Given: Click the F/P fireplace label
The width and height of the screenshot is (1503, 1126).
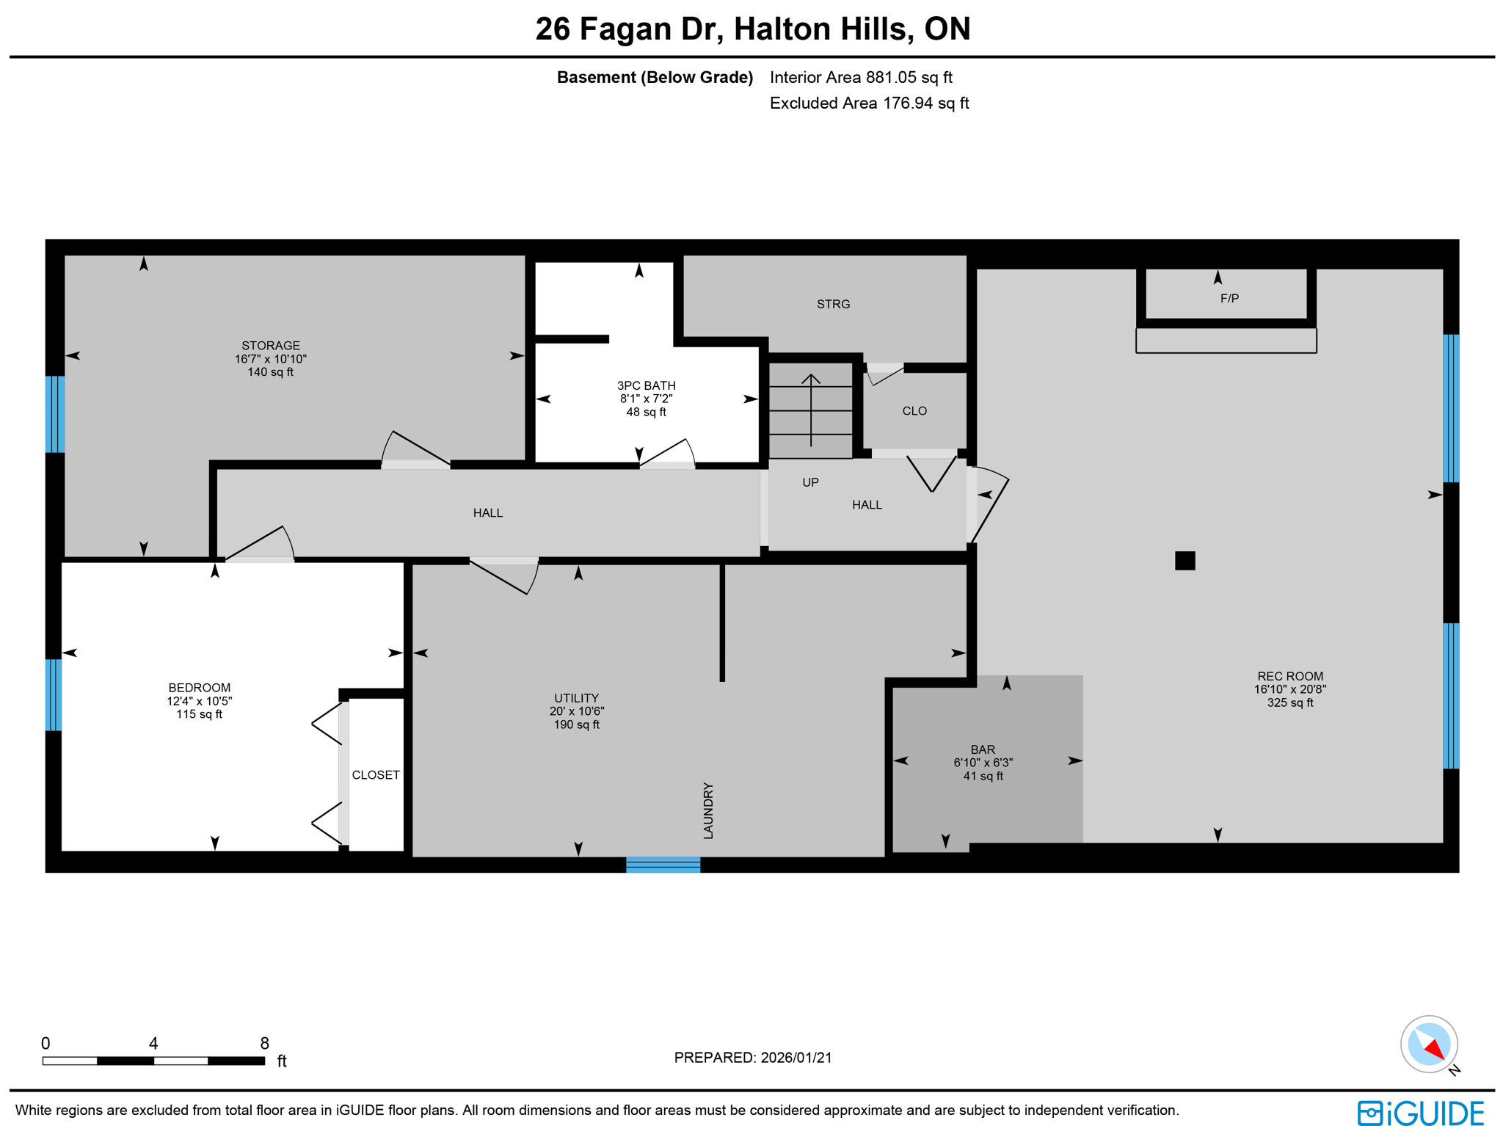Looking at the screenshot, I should tap(1229, 299).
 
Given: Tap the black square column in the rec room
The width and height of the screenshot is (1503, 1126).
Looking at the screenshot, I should tap(1184, 561).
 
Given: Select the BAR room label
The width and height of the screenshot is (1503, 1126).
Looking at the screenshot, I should tap(983, 749).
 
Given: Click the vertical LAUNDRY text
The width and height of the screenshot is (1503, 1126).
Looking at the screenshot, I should tap(708, 810).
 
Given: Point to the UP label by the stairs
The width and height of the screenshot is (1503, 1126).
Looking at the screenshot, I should tap(810, 482).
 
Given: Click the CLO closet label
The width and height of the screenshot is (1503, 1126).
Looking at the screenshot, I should tap(914, 411).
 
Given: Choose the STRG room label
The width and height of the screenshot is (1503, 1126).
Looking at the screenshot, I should tap(833, 304).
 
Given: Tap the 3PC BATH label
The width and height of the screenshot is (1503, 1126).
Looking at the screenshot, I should tap(646, 385).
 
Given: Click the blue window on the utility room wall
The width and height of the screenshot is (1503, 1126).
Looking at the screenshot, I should tap(663, 865).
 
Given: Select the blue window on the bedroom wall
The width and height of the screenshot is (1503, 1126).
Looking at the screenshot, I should tap(53, 695).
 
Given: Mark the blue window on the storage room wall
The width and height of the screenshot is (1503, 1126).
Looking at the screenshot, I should tap(55, 414).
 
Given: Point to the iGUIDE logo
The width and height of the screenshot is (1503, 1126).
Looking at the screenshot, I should tap(1421, 1113).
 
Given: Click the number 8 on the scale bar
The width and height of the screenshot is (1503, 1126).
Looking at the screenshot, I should tap(264, 1043).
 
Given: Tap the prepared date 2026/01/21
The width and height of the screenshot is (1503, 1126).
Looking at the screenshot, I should tap(796, 1058).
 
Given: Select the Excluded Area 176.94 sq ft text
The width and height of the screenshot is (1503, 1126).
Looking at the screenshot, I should tap(869, 103).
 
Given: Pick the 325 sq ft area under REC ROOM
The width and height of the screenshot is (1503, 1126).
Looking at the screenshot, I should tap(1289, 702).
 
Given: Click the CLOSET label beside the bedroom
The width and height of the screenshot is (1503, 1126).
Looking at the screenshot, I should tap(376, 775).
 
